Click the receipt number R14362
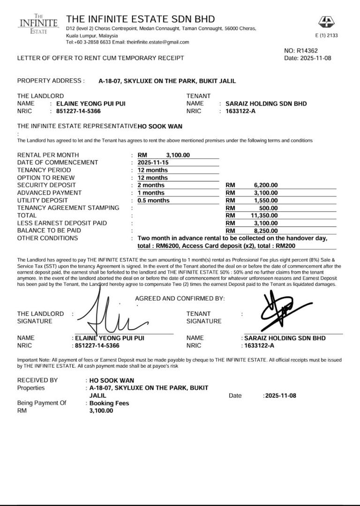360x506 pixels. click(307, 51)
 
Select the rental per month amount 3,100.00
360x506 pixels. click(178, 155)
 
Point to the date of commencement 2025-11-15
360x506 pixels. click(153, 163)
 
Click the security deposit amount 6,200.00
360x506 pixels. click(266, 185)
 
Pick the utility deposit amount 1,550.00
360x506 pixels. click(266, 201)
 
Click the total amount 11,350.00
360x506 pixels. click(264, 216)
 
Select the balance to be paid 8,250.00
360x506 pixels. click(266, 231)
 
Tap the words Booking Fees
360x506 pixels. click(109, 403)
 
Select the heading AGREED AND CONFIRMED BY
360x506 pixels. click(180, 298)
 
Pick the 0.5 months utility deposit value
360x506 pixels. click(154, 201)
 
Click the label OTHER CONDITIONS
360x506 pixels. click(47, 238)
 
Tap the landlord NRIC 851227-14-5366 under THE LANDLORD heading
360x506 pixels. click(78, 111)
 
